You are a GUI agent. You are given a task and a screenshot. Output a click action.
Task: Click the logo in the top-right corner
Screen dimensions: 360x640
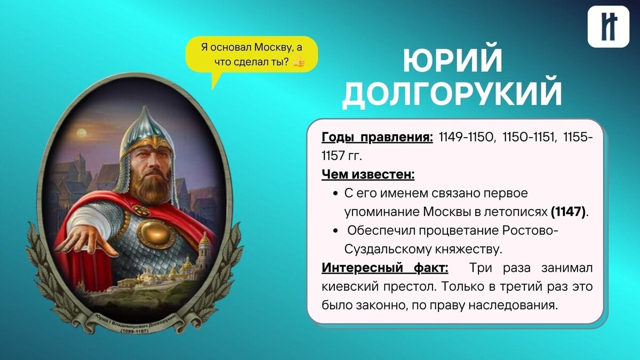point(608,27)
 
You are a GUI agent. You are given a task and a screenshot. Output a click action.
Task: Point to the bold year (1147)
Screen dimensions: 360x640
point(568,212)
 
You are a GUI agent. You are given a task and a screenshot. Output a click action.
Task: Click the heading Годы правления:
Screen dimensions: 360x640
point(377,138)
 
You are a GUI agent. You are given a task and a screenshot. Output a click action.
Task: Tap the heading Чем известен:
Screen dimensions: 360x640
point(368,174)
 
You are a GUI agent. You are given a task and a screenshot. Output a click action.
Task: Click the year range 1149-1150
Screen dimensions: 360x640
point(467,138)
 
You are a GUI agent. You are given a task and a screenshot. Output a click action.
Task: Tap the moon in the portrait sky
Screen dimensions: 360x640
point(80,133)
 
